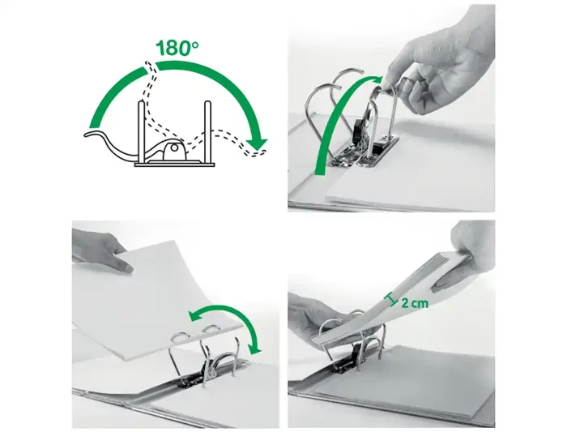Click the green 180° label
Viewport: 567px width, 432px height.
pyautogui.click(x=177, y=48)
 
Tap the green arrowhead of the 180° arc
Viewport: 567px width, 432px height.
pyautogui.click(x=258, y=143)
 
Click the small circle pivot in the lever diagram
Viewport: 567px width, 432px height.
pyautogui.click(x=175, y=148)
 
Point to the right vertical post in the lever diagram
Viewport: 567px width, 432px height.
pyautogui.click(x=207, y=132)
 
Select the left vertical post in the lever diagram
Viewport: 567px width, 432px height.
pyautogui.click(x=142, y=132)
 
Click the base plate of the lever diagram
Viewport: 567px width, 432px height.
pyautogui.click(x=174, y=165)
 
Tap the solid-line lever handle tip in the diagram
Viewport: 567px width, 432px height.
pyautogui.click(x=89, y=135)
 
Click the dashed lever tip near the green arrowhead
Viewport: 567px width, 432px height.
pyautogui.click(x=259, y=152)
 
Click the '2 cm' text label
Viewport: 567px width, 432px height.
pyautogui.click(x=415, y=303)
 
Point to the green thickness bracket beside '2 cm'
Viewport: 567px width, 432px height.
pyautogui.click(x=391, y=300)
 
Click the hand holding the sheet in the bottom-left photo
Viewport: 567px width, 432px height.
pyautogui.click(x=100, y=250)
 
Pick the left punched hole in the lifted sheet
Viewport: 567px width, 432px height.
pyautogui.click(x=180, y=337)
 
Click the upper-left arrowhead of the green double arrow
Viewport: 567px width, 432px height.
pyautogui.click(x=195, y=316)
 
